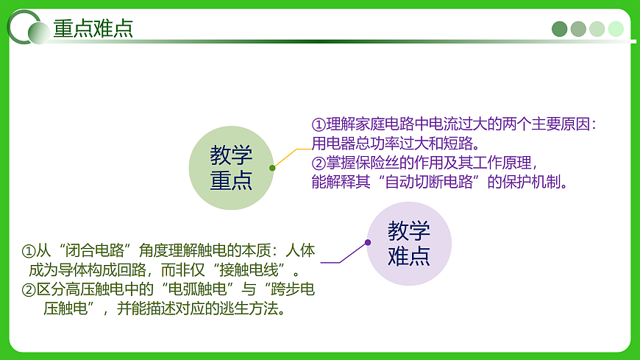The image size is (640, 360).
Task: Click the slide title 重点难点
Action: click(93, 28)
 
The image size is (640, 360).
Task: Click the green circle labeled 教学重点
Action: click(231, 168)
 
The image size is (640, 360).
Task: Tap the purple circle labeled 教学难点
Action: click(409, 244)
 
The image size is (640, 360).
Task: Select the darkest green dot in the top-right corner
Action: click(560, 29)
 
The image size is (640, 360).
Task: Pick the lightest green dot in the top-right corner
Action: click(616, 29)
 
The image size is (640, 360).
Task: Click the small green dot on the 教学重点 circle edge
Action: click(272, 168)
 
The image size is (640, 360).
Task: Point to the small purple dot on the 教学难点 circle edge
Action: click(368, 242)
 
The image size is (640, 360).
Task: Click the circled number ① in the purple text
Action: click(318, 124)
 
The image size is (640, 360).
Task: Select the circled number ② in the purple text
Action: click(318, 163)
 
